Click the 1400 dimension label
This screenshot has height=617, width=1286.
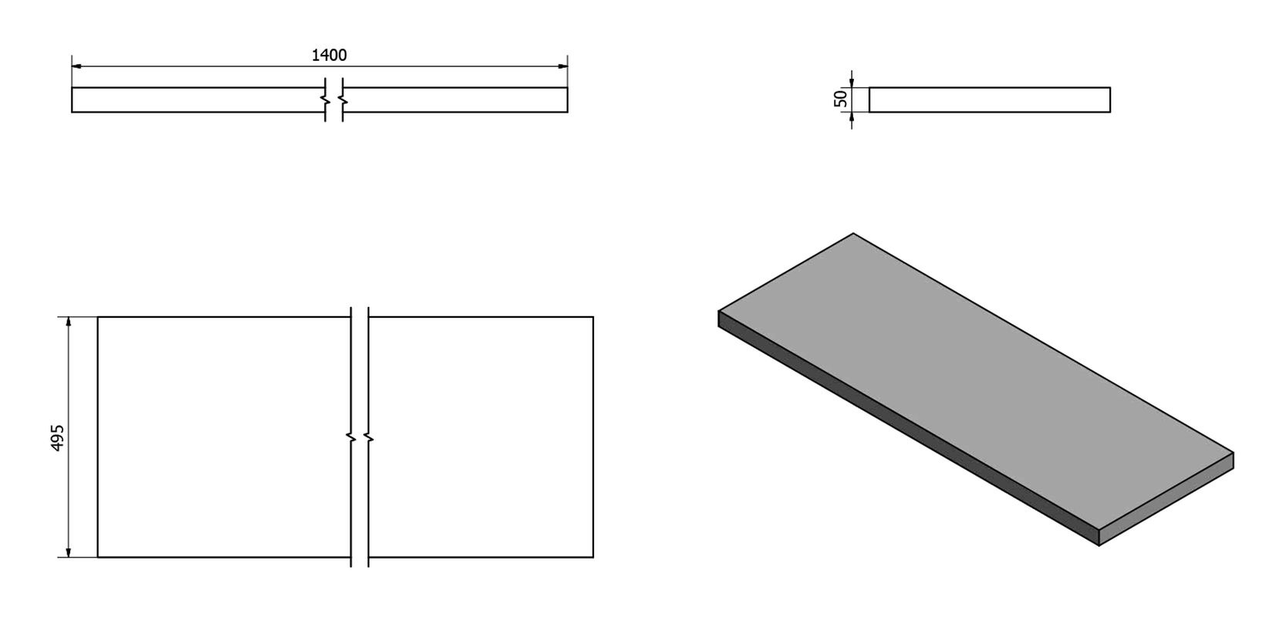[329, 55]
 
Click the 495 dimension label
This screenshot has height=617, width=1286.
[57, 438]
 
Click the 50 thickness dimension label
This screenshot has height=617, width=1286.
[840, 99]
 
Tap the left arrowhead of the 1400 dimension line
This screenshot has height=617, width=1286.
[77, 66]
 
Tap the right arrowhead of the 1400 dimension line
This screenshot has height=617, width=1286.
[562, 66]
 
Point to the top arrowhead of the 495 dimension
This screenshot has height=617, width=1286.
[69, 322]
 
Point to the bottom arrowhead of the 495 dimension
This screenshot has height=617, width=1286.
[69, 551]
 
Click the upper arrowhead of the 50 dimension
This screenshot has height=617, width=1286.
[852, 82]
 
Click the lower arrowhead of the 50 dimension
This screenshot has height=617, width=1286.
[852, 117]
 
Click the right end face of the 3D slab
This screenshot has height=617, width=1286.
[1166, 499]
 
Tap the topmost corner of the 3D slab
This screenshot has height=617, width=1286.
[853, 234]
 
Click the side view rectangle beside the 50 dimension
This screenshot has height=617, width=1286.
[990, 99]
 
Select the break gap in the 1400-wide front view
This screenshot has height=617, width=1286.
[334, 99]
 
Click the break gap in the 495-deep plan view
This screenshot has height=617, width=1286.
[360, 437]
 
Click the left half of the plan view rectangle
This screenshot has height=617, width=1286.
[224, 437]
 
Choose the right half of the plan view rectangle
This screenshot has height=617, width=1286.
[481, 437]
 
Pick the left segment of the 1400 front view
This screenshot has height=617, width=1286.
[198, 99]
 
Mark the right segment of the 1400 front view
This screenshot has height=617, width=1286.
[455, 99]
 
